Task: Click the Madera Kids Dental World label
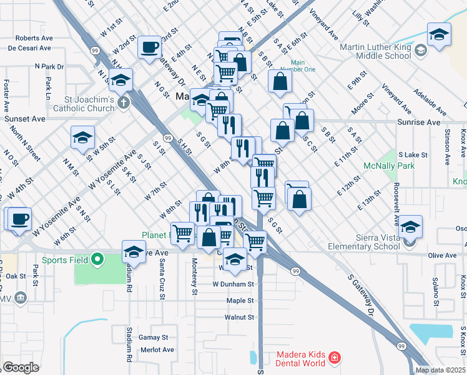tap(292, 357)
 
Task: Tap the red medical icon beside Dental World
tap(335, 357)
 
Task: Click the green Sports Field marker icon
tap(97, 259)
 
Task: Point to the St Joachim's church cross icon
tap(124, 102)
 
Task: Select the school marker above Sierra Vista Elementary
tap(410, 226)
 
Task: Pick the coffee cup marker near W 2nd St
tap(150, 47)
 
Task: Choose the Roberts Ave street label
tap(34, 38)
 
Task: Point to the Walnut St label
tap(240, 317)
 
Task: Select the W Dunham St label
tap(233, 284)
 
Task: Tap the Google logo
tap(20, 367)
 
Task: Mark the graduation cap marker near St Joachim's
tap(120, 79)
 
